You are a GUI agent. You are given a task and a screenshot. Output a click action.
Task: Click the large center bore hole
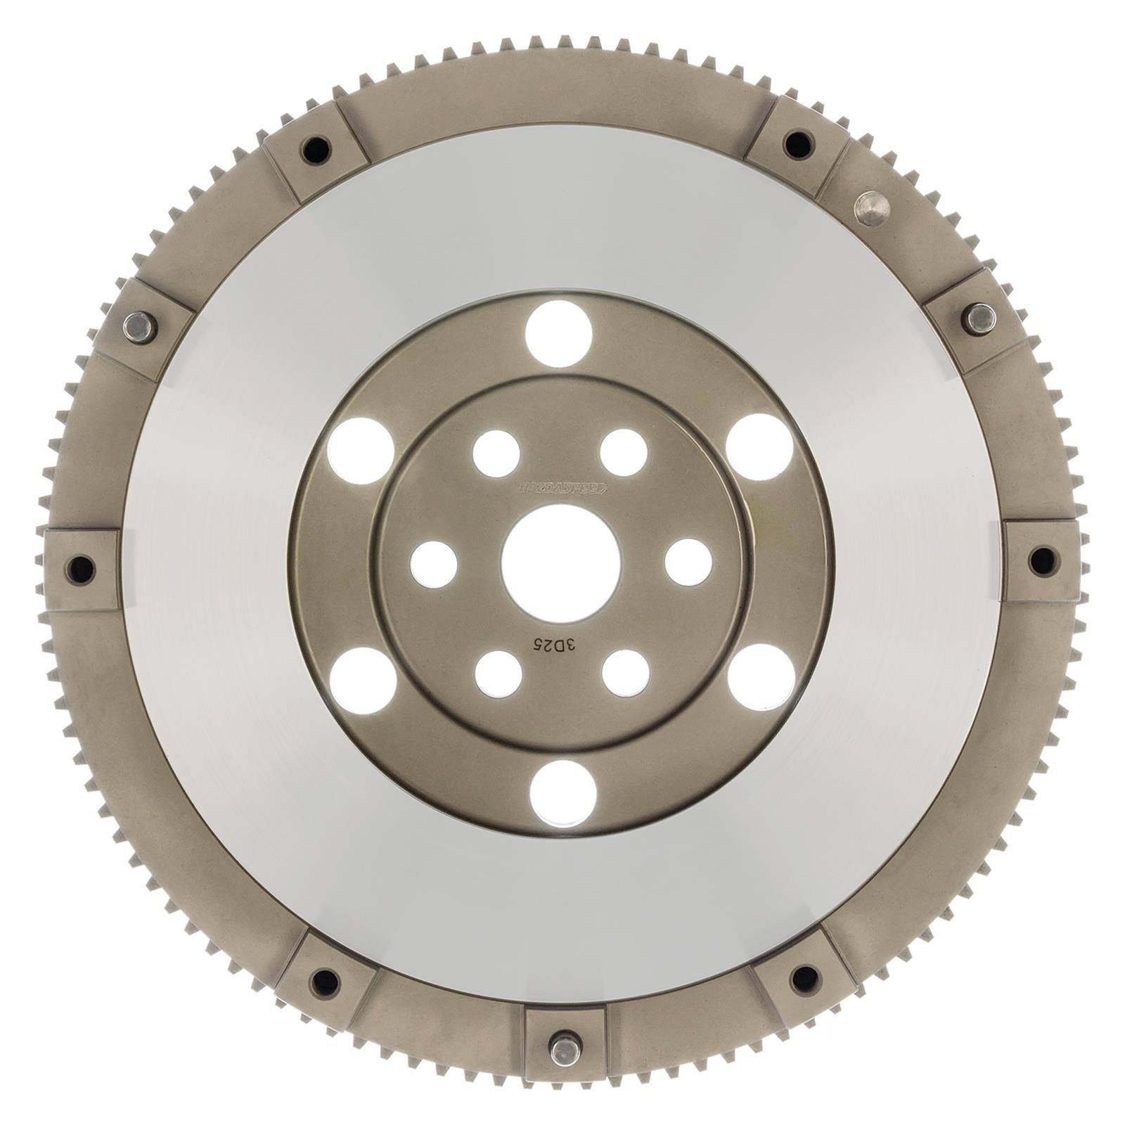click(x=561, y=563)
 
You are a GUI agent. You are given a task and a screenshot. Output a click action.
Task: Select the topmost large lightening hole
click(x=558, y=333)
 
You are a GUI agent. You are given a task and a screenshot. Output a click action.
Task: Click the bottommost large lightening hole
click(x=562, y=793)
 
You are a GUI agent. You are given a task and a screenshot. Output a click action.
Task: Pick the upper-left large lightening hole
click(x=361, y=451)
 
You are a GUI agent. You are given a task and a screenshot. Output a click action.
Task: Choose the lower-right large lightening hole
click(x=761, y=676)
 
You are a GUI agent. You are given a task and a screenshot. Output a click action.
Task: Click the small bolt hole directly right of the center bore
click(x=688, y=562)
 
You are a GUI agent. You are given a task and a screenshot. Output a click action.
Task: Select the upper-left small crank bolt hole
click(x=496, y=454)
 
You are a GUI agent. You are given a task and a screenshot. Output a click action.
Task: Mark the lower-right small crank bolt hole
click(x=625, y=673)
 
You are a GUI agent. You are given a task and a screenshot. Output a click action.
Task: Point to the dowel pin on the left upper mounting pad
click(x=139, y=327)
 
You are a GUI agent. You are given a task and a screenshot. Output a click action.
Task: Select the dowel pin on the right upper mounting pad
click(x=980, y=319)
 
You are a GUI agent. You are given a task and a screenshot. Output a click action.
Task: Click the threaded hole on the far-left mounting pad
click(x=81, y=568)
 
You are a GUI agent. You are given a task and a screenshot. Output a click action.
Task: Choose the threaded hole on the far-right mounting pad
click(x=1042, y=560)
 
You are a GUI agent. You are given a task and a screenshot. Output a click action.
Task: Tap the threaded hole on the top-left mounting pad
click(x=315, y=148)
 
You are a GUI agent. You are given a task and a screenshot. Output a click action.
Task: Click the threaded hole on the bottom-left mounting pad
click(x=324, y=982)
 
